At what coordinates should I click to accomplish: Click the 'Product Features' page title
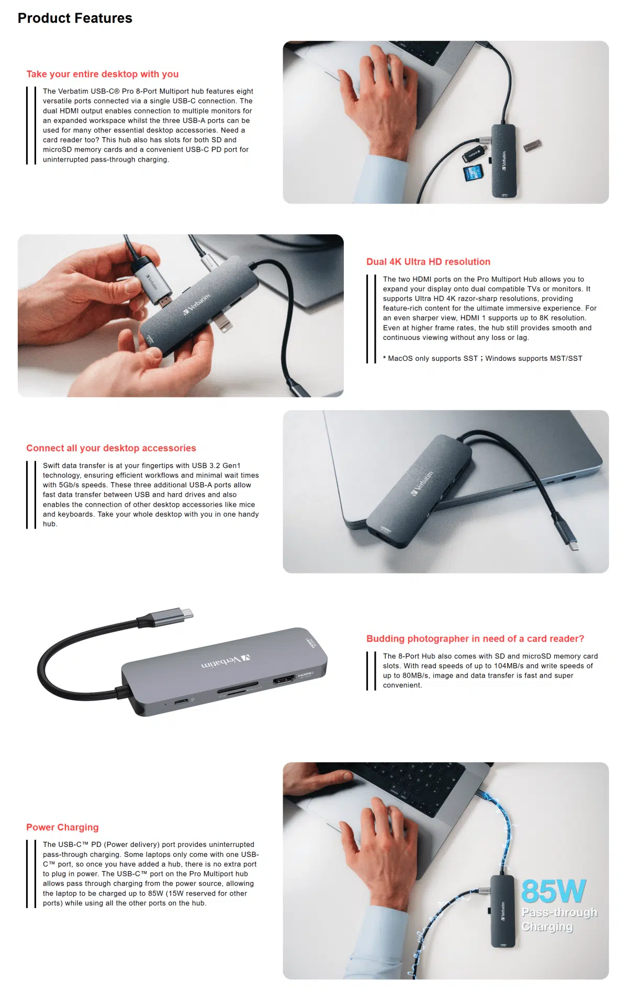coord(75,18)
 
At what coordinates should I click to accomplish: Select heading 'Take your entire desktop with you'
coord(103,74)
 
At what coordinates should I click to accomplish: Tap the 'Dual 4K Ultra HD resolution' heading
coord(428,262)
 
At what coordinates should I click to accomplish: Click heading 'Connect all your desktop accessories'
coord(111,448)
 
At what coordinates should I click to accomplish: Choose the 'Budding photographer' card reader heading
coord(475,638)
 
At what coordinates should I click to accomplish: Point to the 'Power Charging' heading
coord(62,827)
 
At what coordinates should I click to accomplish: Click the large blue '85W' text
coord(553,891)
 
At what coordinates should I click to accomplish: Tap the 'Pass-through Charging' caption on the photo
coord(559,919)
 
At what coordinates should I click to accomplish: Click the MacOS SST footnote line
coord(482,359)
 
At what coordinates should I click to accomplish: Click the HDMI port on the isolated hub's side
coord(284,680)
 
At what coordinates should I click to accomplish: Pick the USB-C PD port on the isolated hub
coord(182,701)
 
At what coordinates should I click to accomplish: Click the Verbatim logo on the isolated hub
coord(226,661)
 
